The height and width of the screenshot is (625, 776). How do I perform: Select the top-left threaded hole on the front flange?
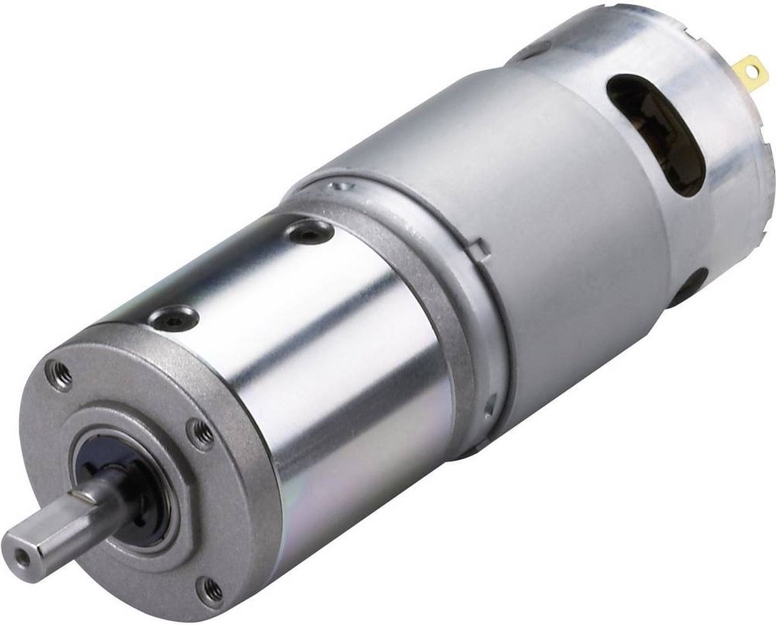(60, 375)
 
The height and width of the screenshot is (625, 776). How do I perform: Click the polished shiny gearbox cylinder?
(336, 362)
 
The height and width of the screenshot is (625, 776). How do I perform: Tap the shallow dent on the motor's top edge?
(530, 49)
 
